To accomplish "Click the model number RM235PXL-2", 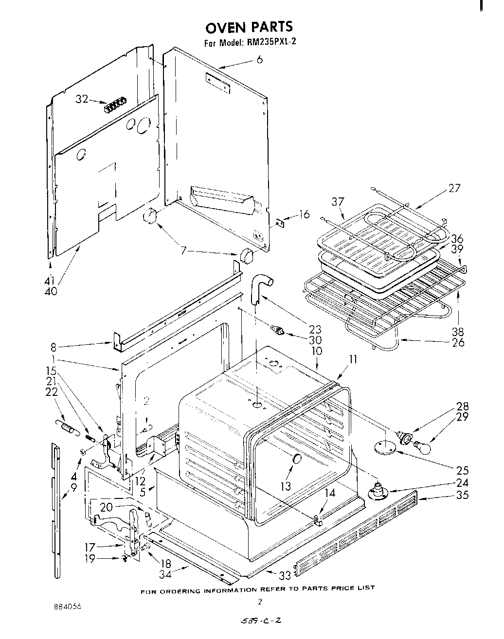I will tap(271, 42).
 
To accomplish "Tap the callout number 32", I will tap(82, 99).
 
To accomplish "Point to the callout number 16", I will tap(304, 214).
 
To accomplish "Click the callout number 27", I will tap(453, 188).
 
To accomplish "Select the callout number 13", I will tap(286, 486).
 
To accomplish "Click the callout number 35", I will tap(463, 495).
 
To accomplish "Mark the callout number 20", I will tap(107, 507).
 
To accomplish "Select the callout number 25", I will tap(463, 470).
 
